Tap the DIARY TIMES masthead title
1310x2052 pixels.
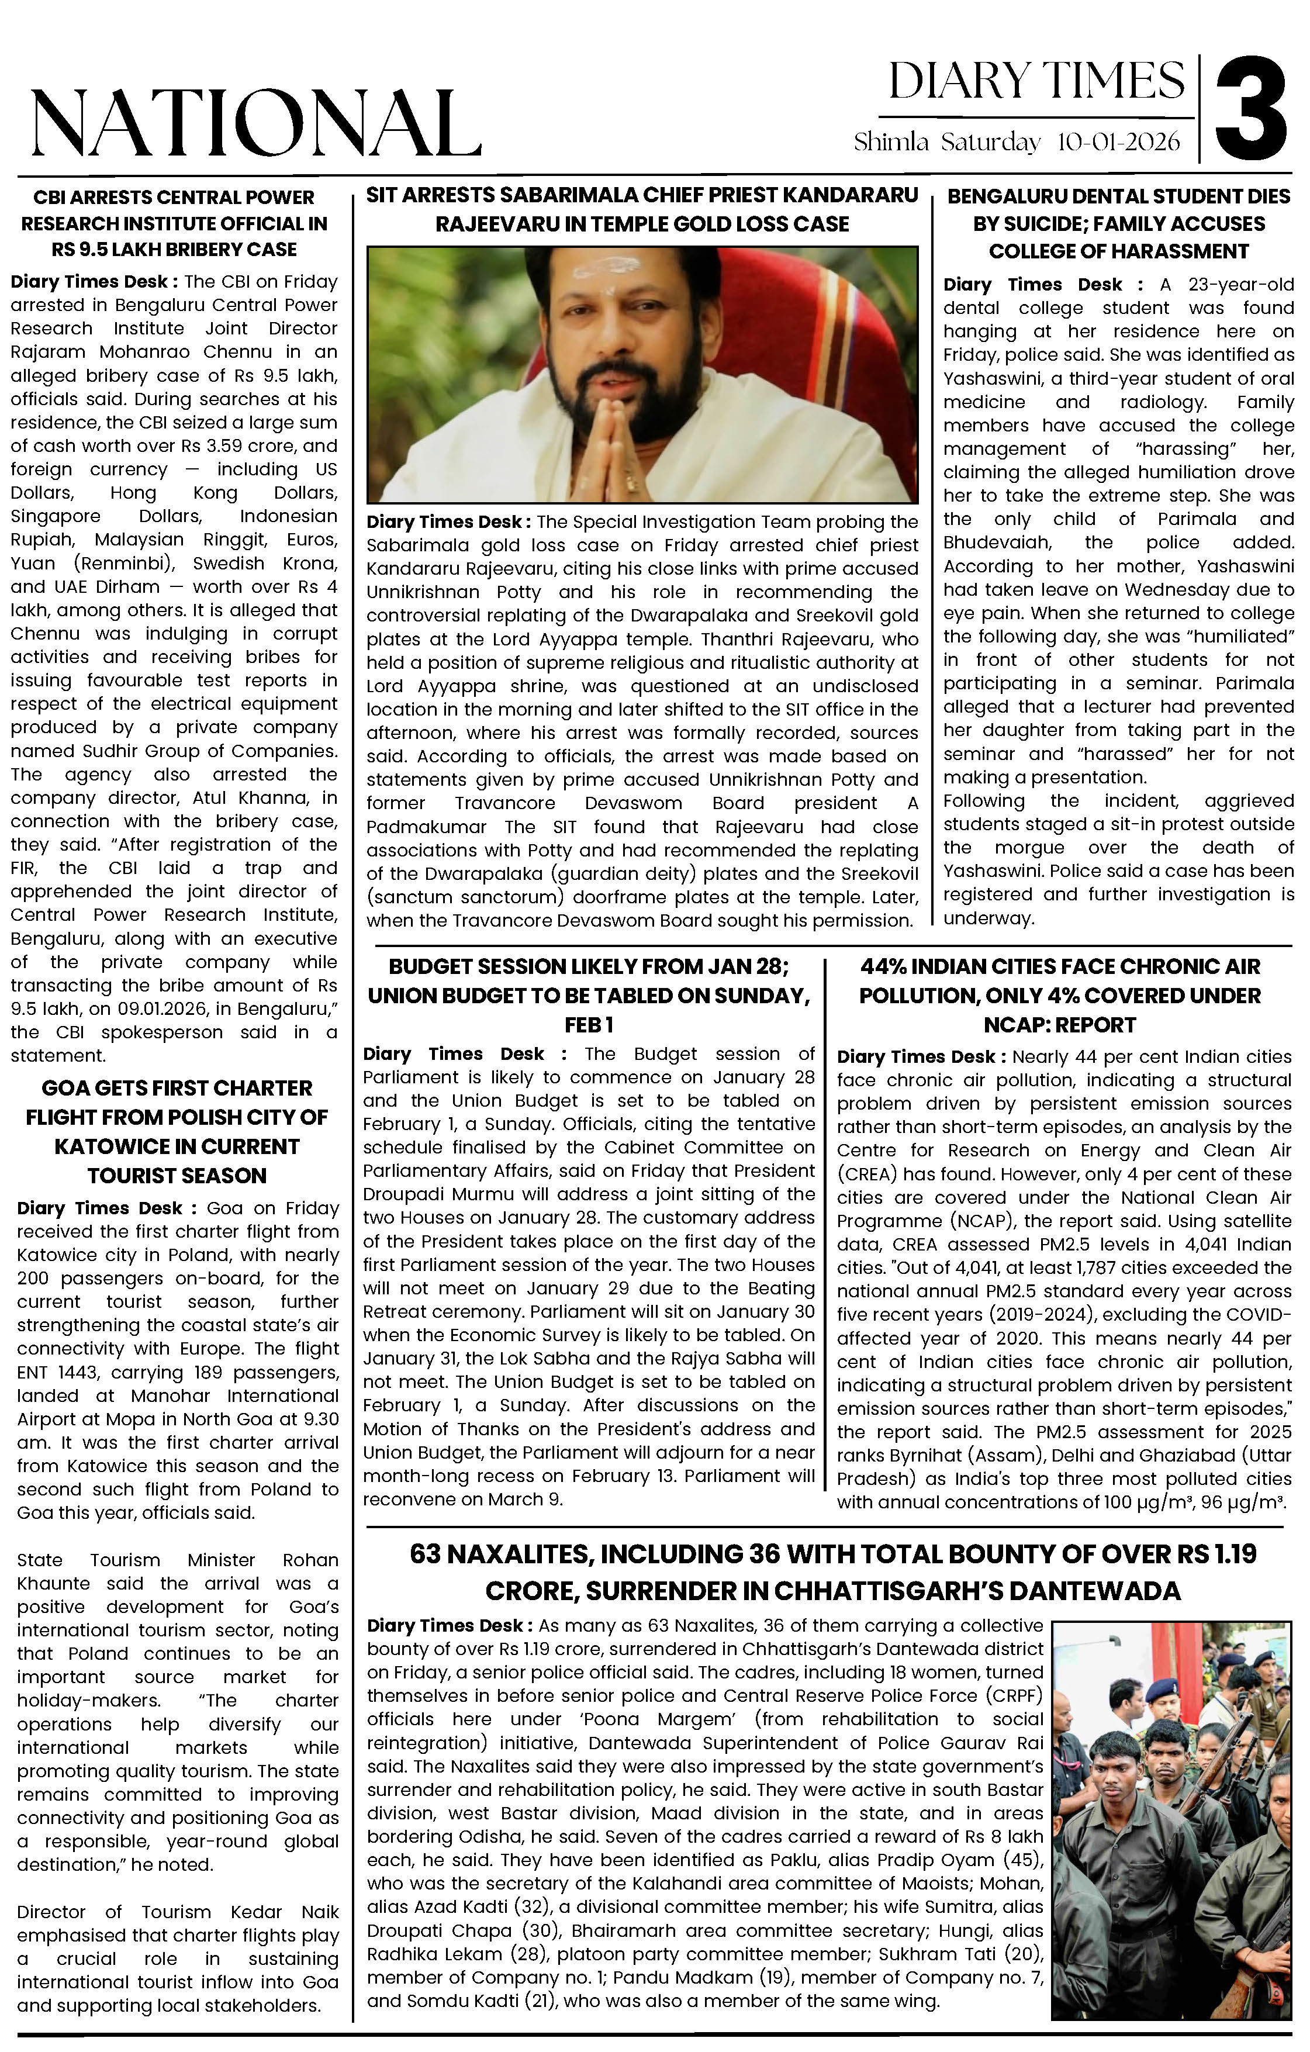pos(1036,82)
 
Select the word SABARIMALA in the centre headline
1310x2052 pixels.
pos(569,195)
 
